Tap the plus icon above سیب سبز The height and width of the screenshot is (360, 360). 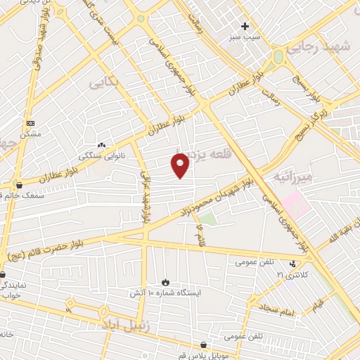[245, 26]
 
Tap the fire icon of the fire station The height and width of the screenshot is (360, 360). [166, 281]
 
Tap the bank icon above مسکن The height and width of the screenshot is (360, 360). [30, 122]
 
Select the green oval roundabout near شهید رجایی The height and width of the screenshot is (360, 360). [278, 56]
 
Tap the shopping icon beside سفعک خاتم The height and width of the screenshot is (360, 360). [19, 185]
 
